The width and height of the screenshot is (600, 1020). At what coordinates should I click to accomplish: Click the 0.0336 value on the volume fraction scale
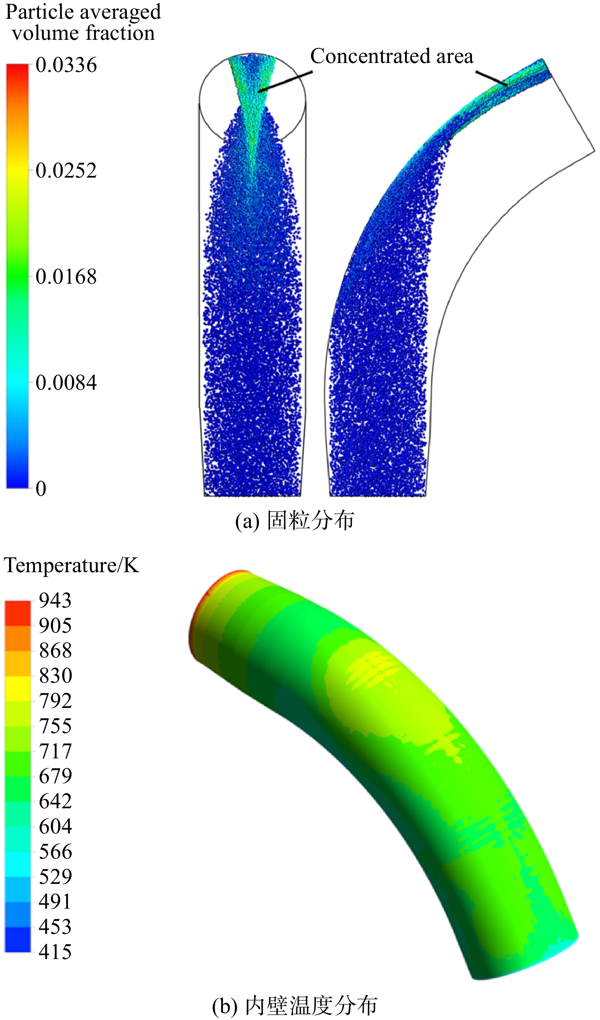(x=66, y=65)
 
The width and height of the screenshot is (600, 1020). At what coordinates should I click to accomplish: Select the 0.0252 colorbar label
(x=66, y=170)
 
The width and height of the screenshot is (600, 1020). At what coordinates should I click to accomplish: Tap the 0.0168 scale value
(x=66, y=276)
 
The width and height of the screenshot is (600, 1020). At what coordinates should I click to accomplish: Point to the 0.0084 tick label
(x=66, y=382)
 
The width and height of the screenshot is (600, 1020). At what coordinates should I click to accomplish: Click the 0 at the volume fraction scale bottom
(x=41, y=488)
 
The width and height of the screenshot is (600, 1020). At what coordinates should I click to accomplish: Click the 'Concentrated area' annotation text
(x=392, y=56)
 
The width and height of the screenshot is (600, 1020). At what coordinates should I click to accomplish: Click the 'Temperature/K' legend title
(x=72, y=565)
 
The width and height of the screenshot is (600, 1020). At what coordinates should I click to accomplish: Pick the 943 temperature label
(x=55, y=600)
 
